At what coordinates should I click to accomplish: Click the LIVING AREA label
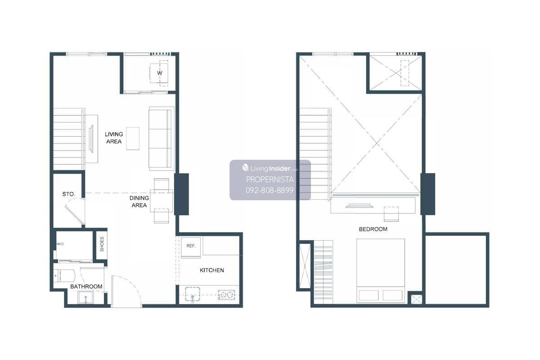tap(114, 138)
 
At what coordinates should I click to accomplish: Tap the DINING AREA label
tap(139, 202)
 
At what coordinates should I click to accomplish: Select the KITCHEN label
tap(212, 270)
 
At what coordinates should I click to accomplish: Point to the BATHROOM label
tap(86, 287)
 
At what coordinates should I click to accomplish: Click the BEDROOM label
tap(373, 229)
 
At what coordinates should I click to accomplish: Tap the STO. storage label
tap(69, 194)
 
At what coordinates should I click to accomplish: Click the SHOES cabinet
tap(102, 244)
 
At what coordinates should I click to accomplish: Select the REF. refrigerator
tap(191, 247)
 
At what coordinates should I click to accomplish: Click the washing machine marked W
tap(159, 73)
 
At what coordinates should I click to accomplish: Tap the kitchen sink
tap(193, 294)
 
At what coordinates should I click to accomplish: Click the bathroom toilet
tap(65, 275)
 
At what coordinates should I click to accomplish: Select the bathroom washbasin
tap(85, 297)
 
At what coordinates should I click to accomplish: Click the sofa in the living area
tap(161, 139)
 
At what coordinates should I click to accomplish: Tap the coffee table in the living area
tap(133, 139)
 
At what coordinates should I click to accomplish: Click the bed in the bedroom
tap(380, 270)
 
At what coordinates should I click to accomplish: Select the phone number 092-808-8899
tap(270, 190)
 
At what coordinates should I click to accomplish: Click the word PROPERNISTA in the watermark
tap(270, 180)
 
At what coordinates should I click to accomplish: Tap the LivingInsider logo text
tap(270, 168)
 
